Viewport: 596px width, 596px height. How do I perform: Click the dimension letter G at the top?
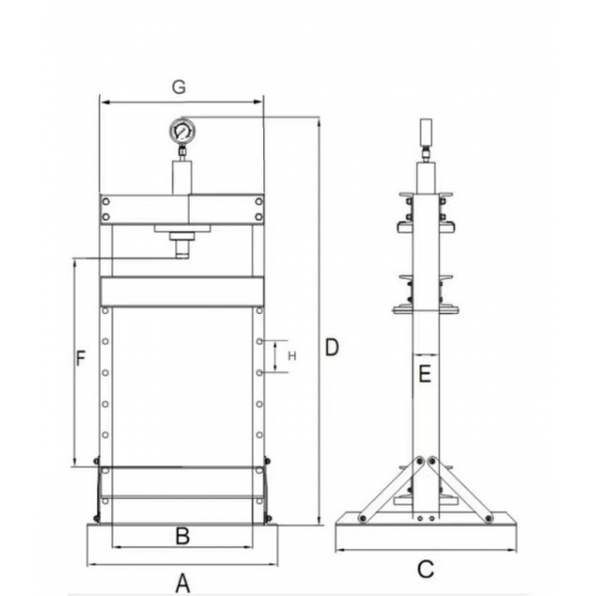tap(179, 87)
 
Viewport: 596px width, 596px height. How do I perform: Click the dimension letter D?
tap(333, 347)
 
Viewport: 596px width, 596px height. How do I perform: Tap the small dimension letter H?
tap(292, 355)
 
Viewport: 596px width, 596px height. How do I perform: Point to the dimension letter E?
tap(425, 374)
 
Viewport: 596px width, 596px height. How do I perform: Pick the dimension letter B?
tap(182, 536)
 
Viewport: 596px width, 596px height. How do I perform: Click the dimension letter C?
tap(425, 569)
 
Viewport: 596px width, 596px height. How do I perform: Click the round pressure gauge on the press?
tap(182, 131)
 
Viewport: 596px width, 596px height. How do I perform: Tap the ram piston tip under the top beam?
tap(182, 248)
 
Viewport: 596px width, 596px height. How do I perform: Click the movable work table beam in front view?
tap(182, 291)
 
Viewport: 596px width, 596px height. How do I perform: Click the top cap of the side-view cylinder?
tap(425, 131)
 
